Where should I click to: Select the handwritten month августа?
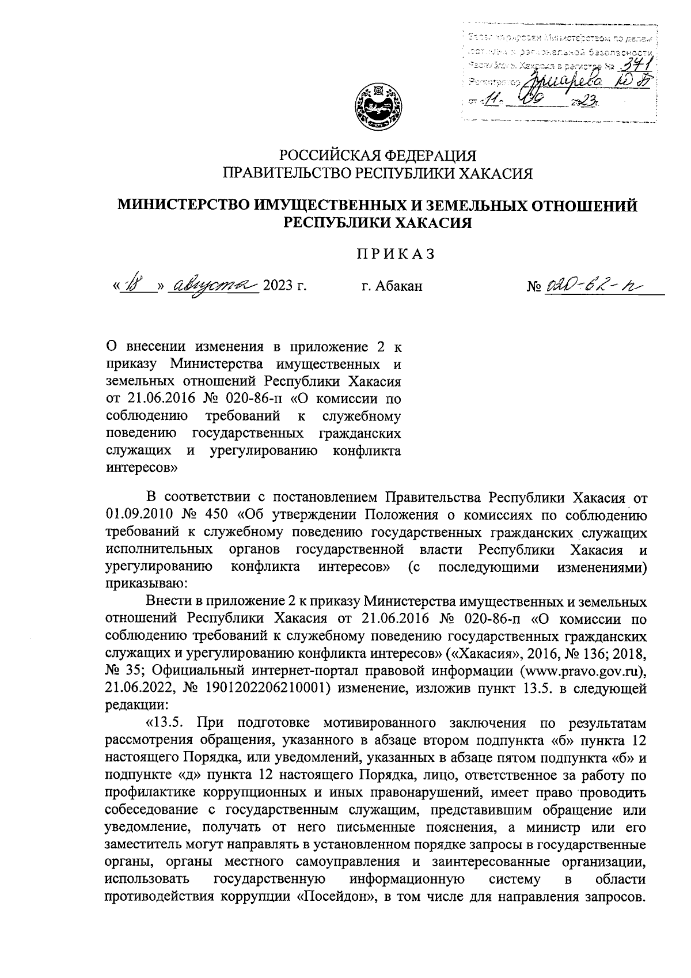coord(212,284)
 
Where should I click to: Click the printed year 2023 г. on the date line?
coord(283,286)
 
